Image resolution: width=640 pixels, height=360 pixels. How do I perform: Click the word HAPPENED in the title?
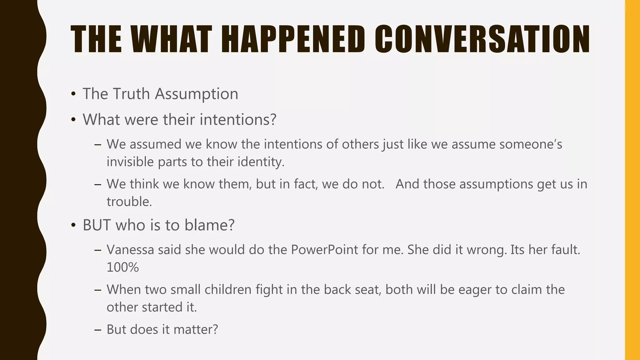(x=293, y=39)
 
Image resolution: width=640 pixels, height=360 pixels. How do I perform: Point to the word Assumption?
(x=197, y=94)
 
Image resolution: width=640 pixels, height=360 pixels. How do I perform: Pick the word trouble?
(x=129, y=202)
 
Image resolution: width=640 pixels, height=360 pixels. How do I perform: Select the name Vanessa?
(x=130, y=250)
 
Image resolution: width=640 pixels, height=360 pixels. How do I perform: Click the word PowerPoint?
(x=324, y=250)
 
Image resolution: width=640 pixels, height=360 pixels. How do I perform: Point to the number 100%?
(x=122, y=267)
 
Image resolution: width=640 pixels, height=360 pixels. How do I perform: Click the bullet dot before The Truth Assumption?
(x=73, y=94)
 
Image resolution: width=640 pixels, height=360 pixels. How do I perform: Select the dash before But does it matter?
(x=98, y=330)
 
